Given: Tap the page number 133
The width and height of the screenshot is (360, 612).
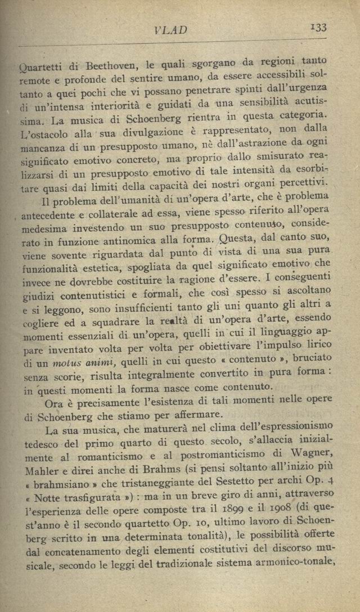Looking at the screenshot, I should click(x=318, y=27).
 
